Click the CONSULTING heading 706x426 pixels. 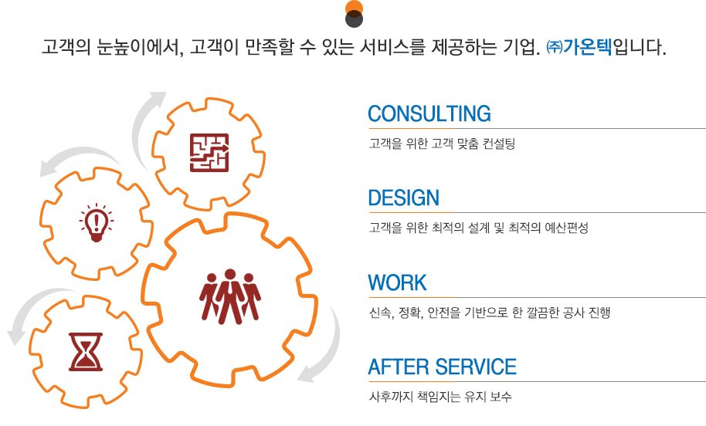429,113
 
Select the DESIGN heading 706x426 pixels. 403,198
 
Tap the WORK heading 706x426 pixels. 397,283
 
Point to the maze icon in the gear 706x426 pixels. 209,153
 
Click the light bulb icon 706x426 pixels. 97,223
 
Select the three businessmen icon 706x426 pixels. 230,297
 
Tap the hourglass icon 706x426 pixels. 86,352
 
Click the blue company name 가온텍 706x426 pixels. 588,47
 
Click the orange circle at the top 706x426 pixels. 354,7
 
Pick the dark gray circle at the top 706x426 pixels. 354,20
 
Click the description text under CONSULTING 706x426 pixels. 442,144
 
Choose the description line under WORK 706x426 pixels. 490,313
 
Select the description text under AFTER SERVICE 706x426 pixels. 440,397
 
